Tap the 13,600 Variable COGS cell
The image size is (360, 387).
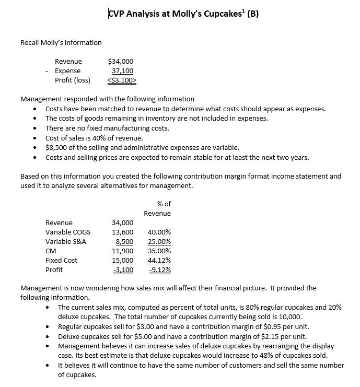click(x=123, y=232)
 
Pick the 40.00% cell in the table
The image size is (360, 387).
click(x=160, y=232)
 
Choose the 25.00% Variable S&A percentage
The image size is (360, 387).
click(x=160, y=241)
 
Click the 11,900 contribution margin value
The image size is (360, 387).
click(x=123, y=251)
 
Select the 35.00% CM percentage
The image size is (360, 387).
click(x=160, y=251)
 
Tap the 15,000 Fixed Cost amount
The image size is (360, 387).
click(x=123, y=260)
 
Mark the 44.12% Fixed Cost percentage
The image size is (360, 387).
click(x=160, y=260)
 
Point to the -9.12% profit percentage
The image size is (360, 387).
click(x=160, y=269)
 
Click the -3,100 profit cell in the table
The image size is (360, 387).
click(x=123, y=269)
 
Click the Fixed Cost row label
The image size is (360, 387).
click(x=61, y=260)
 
